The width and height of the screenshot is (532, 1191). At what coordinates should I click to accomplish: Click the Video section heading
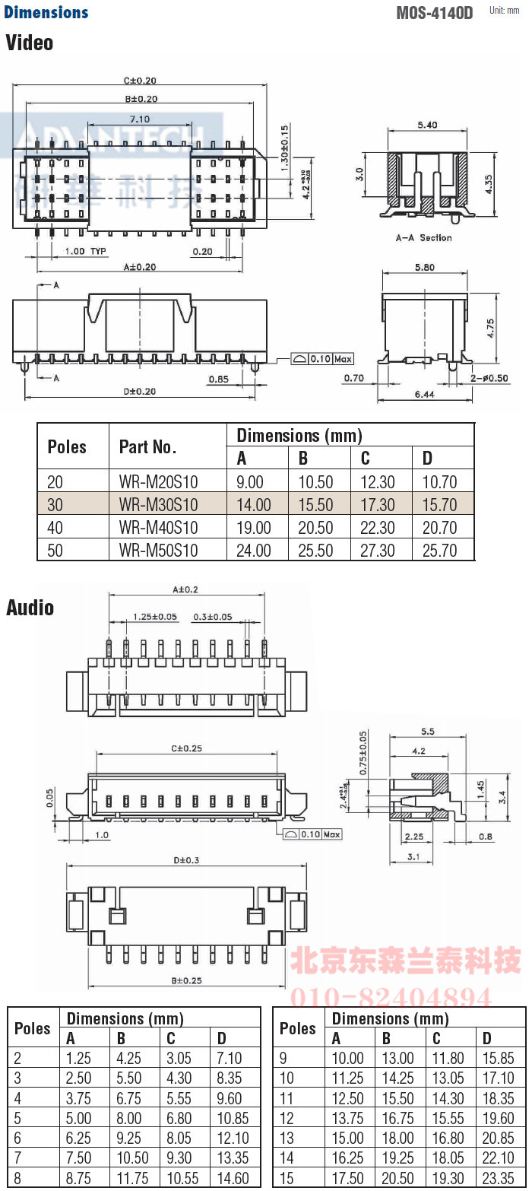(30, 43)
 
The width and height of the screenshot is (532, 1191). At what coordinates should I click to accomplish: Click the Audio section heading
(30, 608)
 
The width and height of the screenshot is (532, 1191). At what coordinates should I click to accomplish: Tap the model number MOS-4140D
(434, 13)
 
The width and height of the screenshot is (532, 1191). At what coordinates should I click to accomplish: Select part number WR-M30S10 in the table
(158, 504)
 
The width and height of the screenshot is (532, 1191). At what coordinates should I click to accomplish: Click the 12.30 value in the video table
(377, 481)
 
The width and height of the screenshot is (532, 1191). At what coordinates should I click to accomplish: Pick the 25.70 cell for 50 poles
(439, 550)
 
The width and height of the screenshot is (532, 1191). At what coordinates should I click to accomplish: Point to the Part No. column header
(147, 446)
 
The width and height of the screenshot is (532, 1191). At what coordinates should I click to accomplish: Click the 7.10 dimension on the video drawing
(139, 119)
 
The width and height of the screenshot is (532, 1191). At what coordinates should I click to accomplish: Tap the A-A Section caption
(423, 238)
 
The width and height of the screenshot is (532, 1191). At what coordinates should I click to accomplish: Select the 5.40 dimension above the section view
(427, 125)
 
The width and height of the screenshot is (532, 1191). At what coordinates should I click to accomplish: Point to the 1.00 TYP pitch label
(85, 251)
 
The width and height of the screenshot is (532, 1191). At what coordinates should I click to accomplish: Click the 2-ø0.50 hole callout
(489, 378)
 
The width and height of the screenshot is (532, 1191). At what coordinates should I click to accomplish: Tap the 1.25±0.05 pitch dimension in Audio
(154, 617)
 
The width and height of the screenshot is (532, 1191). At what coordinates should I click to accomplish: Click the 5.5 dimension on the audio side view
(427, 732)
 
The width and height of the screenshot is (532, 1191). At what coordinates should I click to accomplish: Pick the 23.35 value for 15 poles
(498, 1178)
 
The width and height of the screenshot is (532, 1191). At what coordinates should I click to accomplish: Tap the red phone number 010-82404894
(391, 997)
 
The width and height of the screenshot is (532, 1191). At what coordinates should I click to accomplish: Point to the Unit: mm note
(505, 11)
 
